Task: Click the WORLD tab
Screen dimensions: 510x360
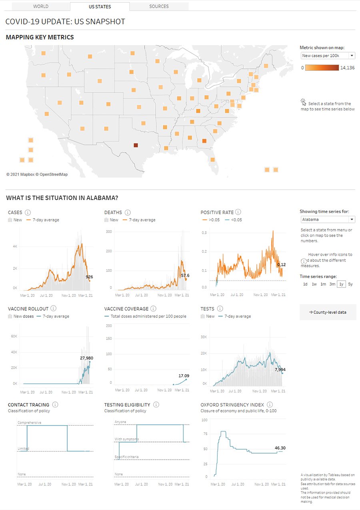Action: pyautogui.click(x=41, y=6)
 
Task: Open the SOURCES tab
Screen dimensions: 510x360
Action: pyautogui.click(x=159, y=6)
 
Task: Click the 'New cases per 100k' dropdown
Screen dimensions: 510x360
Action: pyautogui.click(x=328, y=56)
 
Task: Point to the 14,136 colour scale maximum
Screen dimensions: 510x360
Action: pyautogui.click(x=347, y=68)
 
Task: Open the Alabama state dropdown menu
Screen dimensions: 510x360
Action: pyautogui.click(x=328, y=219)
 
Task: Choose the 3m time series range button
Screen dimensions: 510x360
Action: pyautogui.click(x=332, y=284)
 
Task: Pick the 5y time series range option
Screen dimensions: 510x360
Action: pyautogui.click(x=350, y=284)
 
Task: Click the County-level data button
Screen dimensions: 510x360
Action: pyautogui.click(x=328, y=312)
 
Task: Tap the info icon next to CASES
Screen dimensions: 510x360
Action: pyautogui.click(x=28, y=212)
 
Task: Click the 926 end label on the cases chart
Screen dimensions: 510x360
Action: pyautogui.click(x=89, y=277)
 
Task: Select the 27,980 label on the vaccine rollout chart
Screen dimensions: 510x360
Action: pyautogui.click(x=86, y=358)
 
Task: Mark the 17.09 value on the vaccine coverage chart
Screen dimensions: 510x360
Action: pyautogui.click(x=184, y=375)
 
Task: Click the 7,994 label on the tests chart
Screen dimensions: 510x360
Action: pyautogui.click(x=280, y=369)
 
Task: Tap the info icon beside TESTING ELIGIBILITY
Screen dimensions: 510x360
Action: pyautogui.click(x=156, y=405)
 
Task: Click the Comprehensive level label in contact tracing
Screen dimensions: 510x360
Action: pyautogui.click(x=29, y=422)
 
